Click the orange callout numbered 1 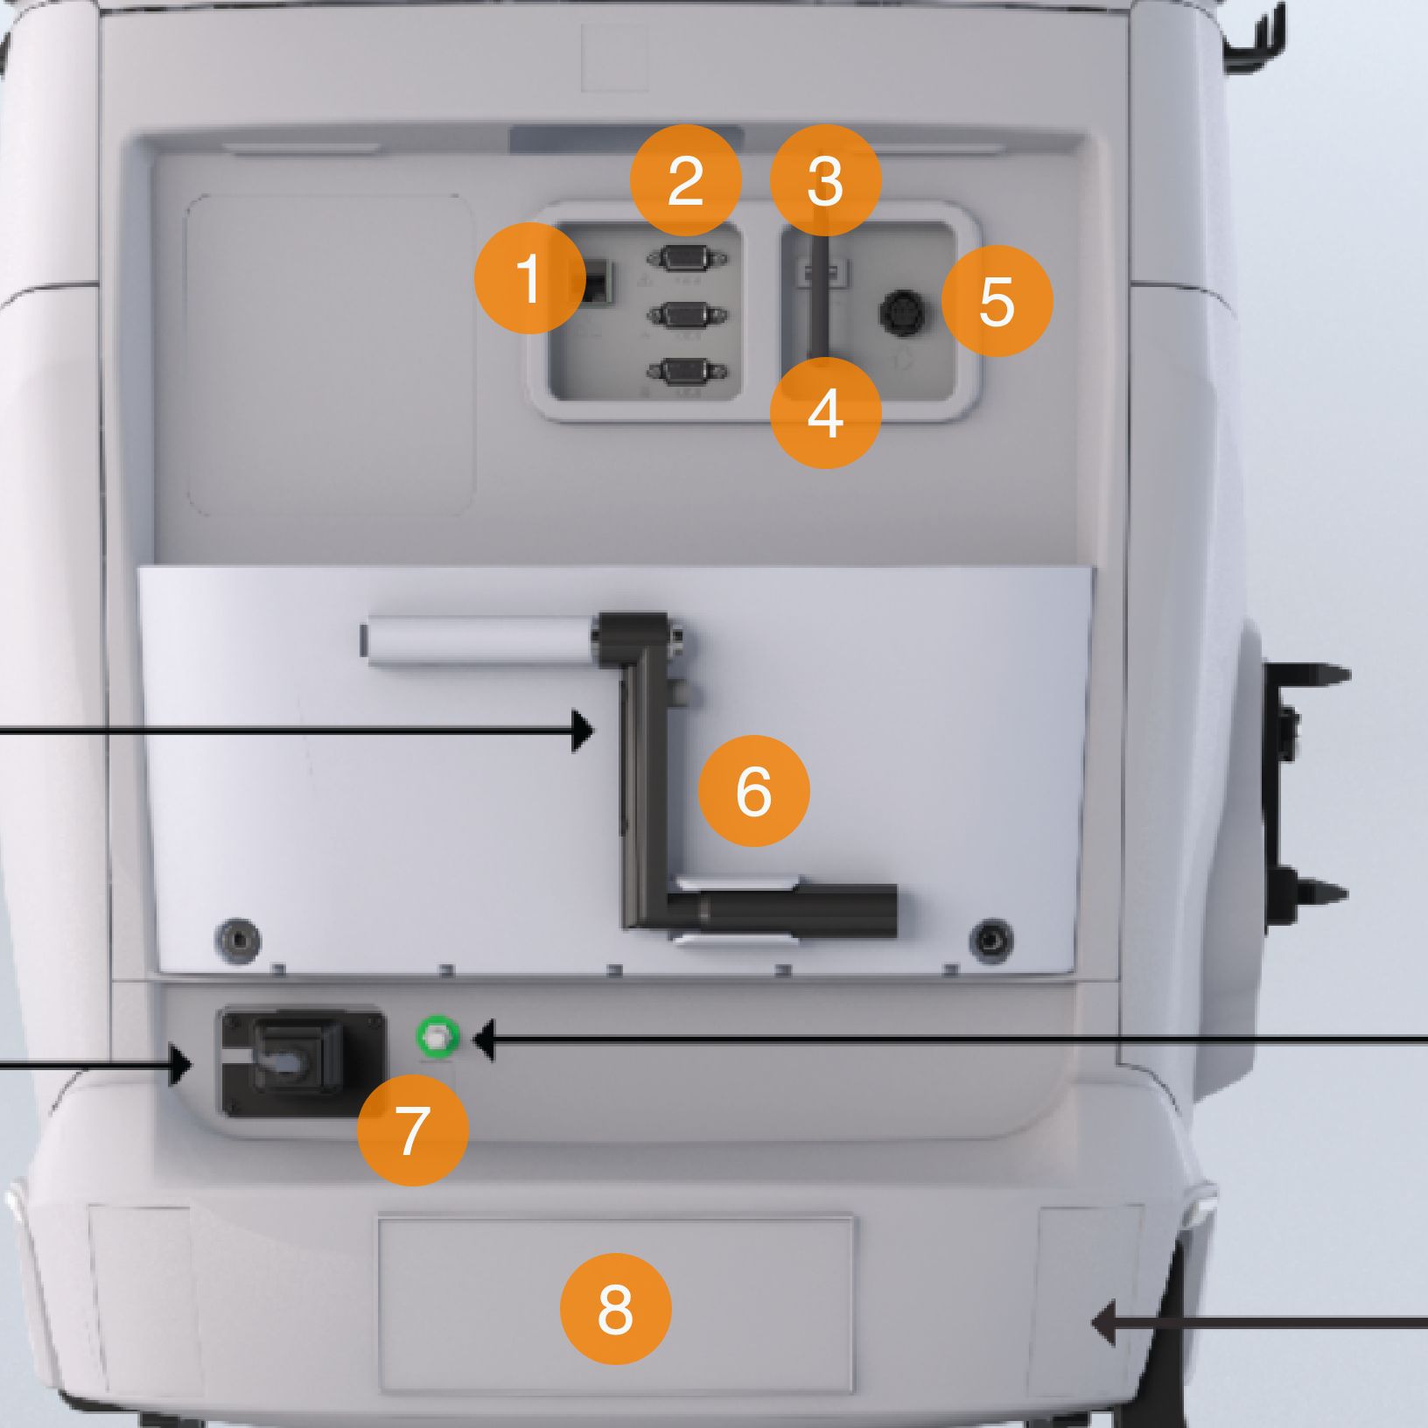[529, 278]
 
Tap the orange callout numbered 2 [686, 180]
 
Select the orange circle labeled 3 [825, 180]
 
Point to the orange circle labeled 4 [825, 413]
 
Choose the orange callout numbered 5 [997, 301]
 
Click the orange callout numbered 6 [754, 791]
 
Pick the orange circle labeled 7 [413, 1130]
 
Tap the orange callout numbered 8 [615, 1309]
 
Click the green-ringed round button [437, 1038]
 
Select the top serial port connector [687, 259]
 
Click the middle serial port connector [687, 315]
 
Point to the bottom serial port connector [687, 372]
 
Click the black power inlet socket [302, 1061]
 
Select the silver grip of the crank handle [479, 640]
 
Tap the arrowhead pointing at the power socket [181, 1065]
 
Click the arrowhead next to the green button [484, 1040]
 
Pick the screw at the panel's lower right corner [992, 940]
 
